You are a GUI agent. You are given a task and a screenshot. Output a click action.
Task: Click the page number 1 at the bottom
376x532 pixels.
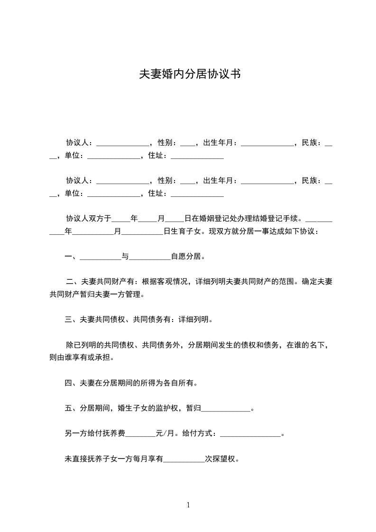coord(188,505)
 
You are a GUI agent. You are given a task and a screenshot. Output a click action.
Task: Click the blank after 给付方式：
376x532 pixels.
coord(251,434)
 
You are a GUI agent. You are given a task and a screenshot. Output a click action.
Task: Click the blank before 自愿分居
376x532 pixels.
coord(150,257)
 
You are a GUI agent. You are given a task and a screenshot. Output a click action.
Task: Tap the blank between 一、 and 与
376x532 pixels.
coord(101,257)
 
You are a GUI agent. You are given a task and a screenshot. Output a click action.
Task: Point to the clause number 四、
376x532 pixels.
coord(72,383)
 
